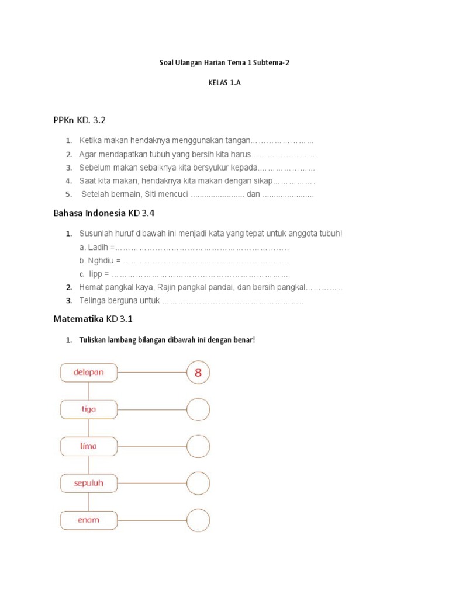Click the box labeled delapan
pyautogui.click(x=89, y=373)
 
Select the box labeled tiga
pyautogui.click(x=89, y=409)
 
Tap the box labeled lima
pyautogui.click(x=89, y=446)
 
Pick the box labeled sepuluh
pyautogui.click(x=89, y=483)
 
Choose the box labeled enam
pyautogui.click(x=89, y=520)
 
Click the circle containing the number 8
pyautogui.click(x=198, y=373)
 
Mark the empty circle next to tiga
pyautogui.click(x=198, y=409)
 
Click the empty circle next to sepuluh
pyautogui.click(x=198, y=483)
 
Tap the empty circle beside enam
pyautogui.click(x=198, y=520)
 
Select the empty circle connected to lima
pyautogui.click(x=198, y=446)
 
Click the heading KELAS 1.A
pyautogui.click(x=224, y=83)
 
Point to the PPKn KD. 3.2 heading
pyautogui.click(x=80, y=120)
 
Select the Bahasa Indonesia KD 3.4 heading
pyautogui.click(x=103, y=213)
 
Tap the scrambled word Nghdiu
pyautogui.click(x=103, y=260)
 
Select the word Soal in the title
pyautogui.click(x=167, y=62)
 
